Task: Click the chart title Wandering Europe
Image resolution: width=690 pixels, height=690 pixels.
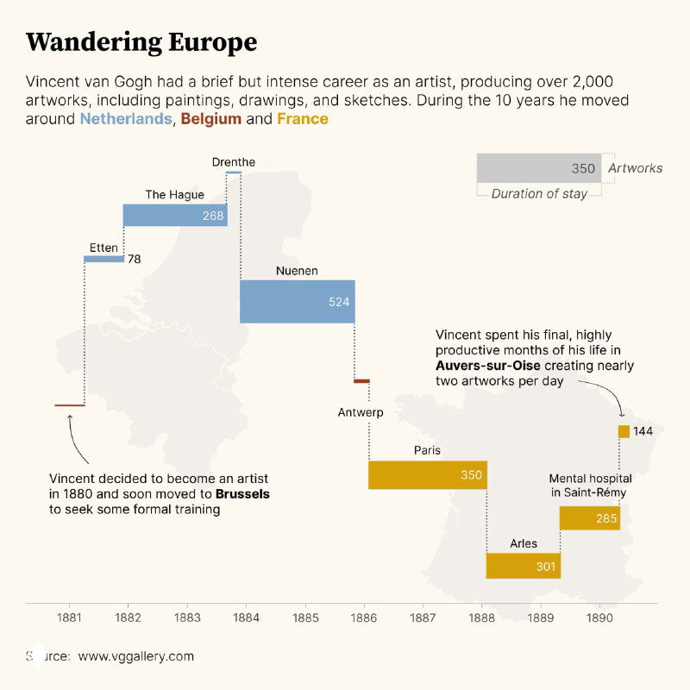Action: pyautogui.click(x=141, y=42)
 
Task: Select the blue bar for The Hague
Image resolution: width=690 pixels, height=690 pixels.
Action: pyautogui.click(x=175, y=215)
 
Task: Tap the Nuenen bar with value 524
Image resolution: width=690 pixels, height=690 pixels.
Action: pyautogui.click(x=297, y=301)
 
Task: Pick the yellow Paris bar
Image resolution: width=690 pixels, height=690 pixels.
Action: pyautogui.click(x=427, y=475)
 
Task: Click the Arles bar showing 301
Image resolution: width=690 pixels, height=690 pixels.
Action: pyautogui.click(x=523, y=566)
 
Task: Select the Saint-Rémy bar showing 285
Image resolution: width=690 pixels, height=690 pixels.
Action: pyautogui.click(x=589, y=517)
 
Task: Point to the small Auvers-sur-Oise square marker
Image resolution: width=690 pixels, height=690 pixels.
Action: pyautogui.click(x=624, y=431)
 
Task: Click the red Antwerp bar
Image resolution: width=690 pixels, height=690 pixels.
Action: pyautogui.click(x=361, y=380)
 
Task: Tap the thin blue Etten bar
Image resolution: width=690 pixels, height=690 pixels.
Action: pyautogui.click(x=104, y=258)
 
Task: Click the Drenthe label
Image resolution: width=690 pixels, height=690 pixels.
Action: pyautogui.click(x=234, y=162)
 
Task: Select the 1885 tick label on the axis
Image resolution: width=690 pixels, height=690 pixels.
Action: pyautogui.click(x=305, y=618)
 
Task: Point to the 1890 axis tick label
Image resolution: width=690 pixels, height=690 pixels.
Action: pyautogui.click(x=599, y=618)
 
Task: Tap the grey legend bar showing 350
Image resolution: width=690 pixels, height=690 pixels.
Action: pyautogui.click(x=539, y=168)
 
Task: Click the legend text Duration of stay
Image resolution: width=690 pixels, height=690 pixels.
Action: pyautogui.click(x=539, y=194)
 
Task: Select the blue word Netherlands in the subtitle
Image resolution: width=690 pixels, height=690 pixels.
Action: pyautogui.click(x=126, y=119)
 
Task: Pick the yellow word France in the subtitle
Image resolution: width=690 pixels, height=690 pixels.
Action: pyautogui.click(x=302, y=119)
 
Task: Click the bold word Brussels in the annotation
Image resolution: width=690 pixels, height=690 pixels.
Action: pyautogui.click(x=242, y=494)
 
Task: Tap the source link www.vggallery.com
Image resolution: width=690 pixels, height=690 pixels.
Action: pyautogui.click(x=136, y=656)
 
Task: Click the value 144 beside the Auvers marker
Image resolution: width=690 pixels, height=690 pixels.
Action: pyautogui.click(x=643, y=431)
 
